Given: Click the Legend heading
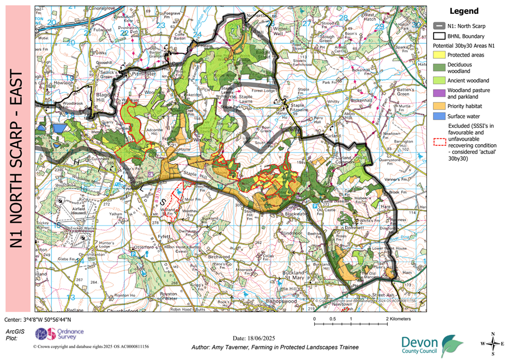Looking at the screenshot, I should [464, 11].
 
